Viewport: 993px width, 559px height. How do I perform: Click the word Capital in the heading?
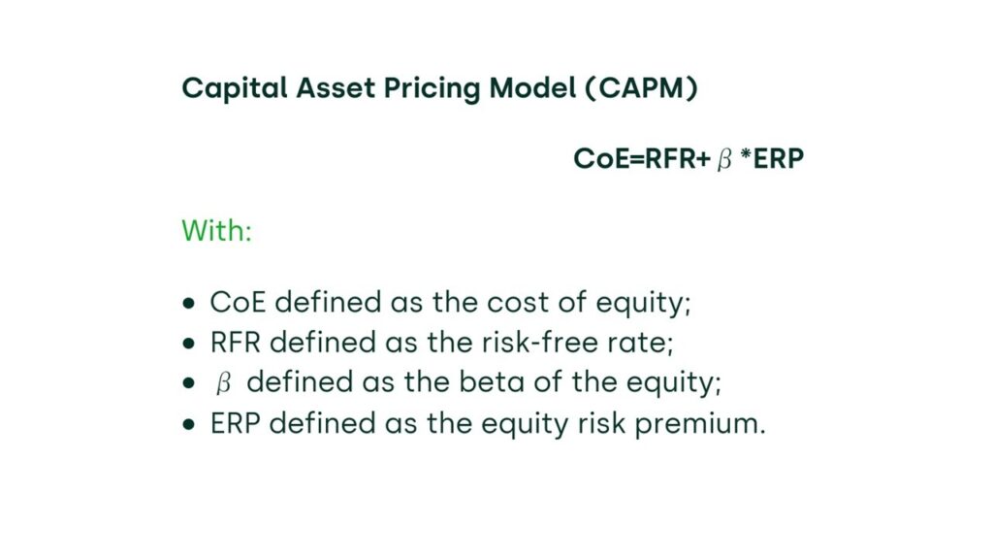pyautogui.click(x=235, y=88)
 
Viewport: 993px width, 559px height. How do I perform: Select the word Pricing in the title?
pyautogui.click(x=432, y=89)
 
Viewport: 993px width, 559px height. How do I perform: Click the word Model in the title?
pyautogui.click(x=532, y=87)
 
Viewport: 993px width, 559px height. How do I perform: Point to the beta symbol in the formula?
pyautogui.click(x=724, y=159)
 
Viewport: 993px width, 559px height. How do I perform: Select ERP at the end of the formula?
pyautogui.click(x=779, y=158)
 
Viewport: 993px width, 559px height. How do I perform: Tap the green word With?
pyautogui.click(x=216, y=230)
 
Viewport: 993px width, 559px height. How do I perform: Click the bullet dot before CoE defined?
pyautogui.click(x=189, y=304)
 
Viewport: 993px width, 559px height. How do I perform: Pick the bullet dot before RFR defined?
pyautogui.click(x=189, y=344)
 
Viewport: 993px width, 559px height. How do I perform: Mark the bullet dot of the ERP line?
pyautogui.click(x=189, y=424)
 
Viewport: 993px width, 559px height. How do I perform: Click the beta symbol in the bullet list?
pyautogui.click(x=223, y=383)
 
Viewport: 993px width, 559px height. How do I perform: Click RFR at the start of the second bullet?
pyautogui.click(x=236, y=343)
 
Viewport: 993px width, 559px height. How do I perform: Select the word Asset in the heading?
pyautogui.click(x=336, y=88)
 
